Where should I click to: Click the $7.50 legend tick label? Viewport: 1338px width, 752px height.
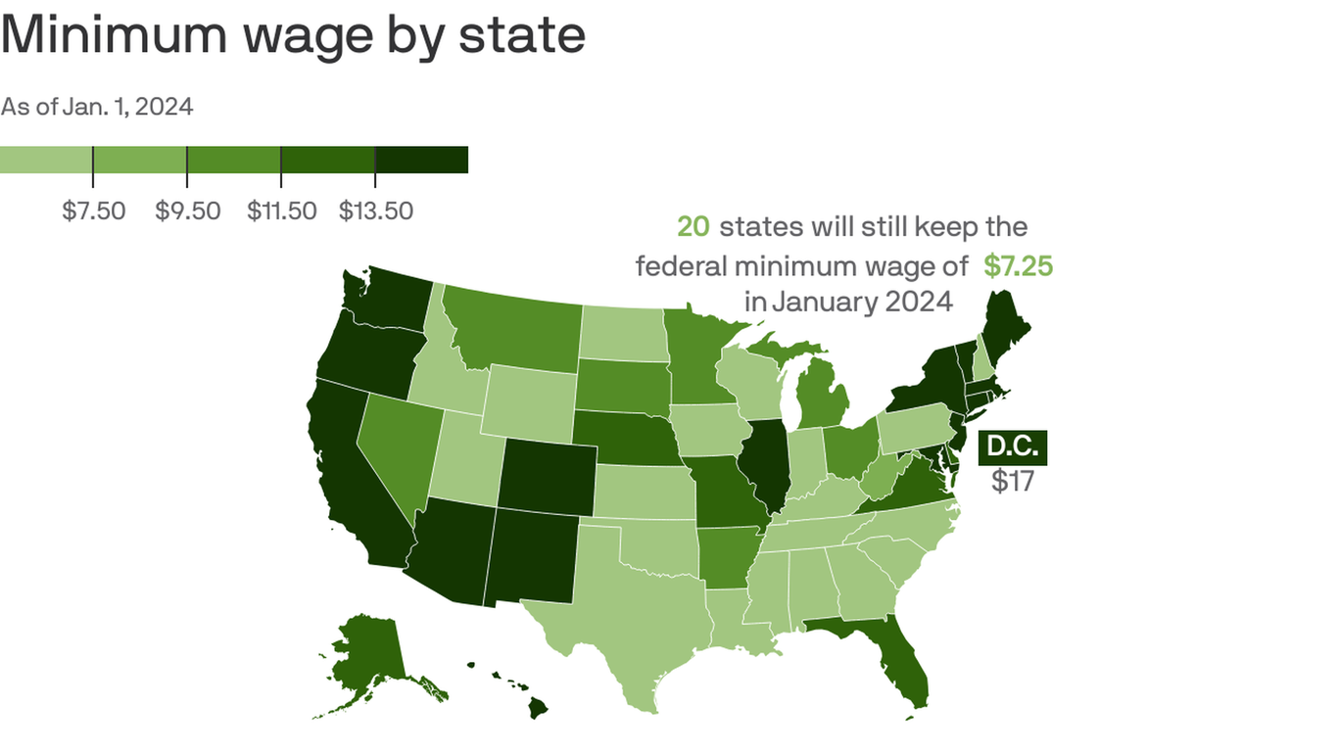coord(94,211)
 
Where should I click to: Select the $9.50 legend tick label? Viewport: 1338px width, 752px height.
coord(187,211)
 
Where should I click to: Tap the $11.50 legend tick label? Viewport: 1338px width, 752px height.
coord(281,211)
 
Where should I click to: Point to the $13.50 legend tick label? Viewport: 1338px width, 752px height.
coord(375,211)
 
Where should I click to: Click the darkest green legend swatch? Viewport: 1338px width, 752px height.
coord(421,160)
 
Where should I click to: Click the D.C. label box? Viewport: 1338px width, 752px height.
coord(1013,447)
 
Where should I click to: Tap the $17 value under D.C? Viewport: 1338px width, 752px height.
coord(1013,481)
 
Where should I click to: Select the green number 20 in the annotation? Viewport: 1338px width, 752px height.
coord(693,227)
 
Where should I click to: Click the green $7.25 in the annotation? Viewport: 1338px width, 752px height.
coord(1019,265)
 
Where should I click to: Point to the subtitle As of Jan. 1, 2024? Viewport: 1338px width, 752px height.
coord(97,107)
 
